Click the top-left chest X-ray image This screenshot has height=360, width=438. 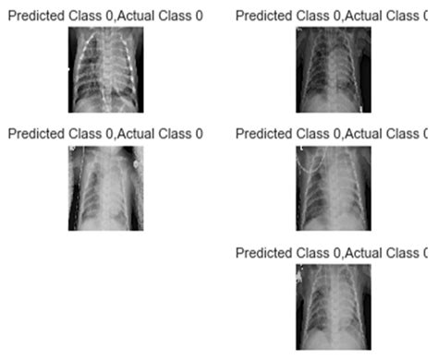coord(105,69)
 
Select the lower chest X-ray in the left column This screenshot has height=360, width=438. coord(105,188)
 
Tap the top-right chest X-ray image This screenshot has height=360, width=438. coord(334,69)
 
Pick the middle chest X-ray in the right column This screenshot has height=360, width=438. coord(334,188)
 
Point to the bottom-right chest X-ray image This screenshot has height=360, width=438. coord(334,306)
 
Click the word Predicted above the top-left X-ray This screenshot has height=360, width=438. coord(34,16)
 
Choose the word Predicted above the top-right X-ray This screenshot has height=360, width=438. coord(263,16)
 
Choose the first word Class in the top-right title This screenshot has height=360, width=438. coord(310,16)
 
